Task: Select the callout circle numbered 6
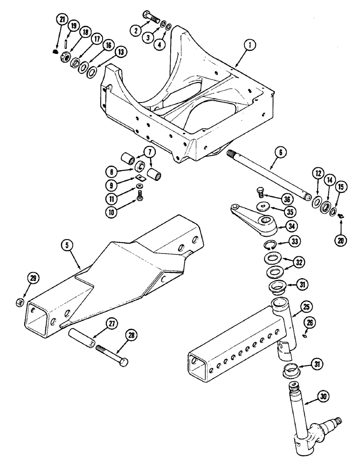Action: (284, 152)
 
